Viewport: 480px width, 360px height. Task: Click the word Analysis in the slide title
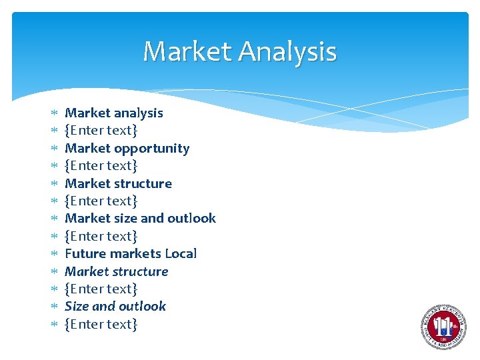pos(287,51)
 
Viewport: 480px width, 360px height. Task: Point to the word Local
pos(181,253)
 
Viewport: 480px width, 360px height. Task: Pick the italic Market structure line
pos(116,271)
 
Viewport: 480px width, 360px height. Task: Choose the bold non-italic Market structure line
pos(118,183)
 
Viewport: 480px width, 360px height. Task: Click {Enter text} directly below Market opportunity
pos(101,165)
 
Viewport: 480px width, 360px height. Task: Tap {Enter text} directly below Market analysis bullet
pos(101,130)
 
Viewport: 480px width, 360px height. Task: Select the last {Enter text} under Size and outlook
pos(101,324)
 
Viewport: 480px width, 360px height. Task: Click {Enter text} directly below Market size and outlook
pos(101,236)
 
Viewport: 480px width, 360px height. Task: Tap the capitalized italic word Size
pos(77,306)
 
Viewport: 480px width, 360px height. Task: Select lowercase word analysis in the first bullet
pos(138,113)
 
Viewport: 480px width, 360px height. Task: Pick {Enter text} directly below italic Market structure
pos(101,289)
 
